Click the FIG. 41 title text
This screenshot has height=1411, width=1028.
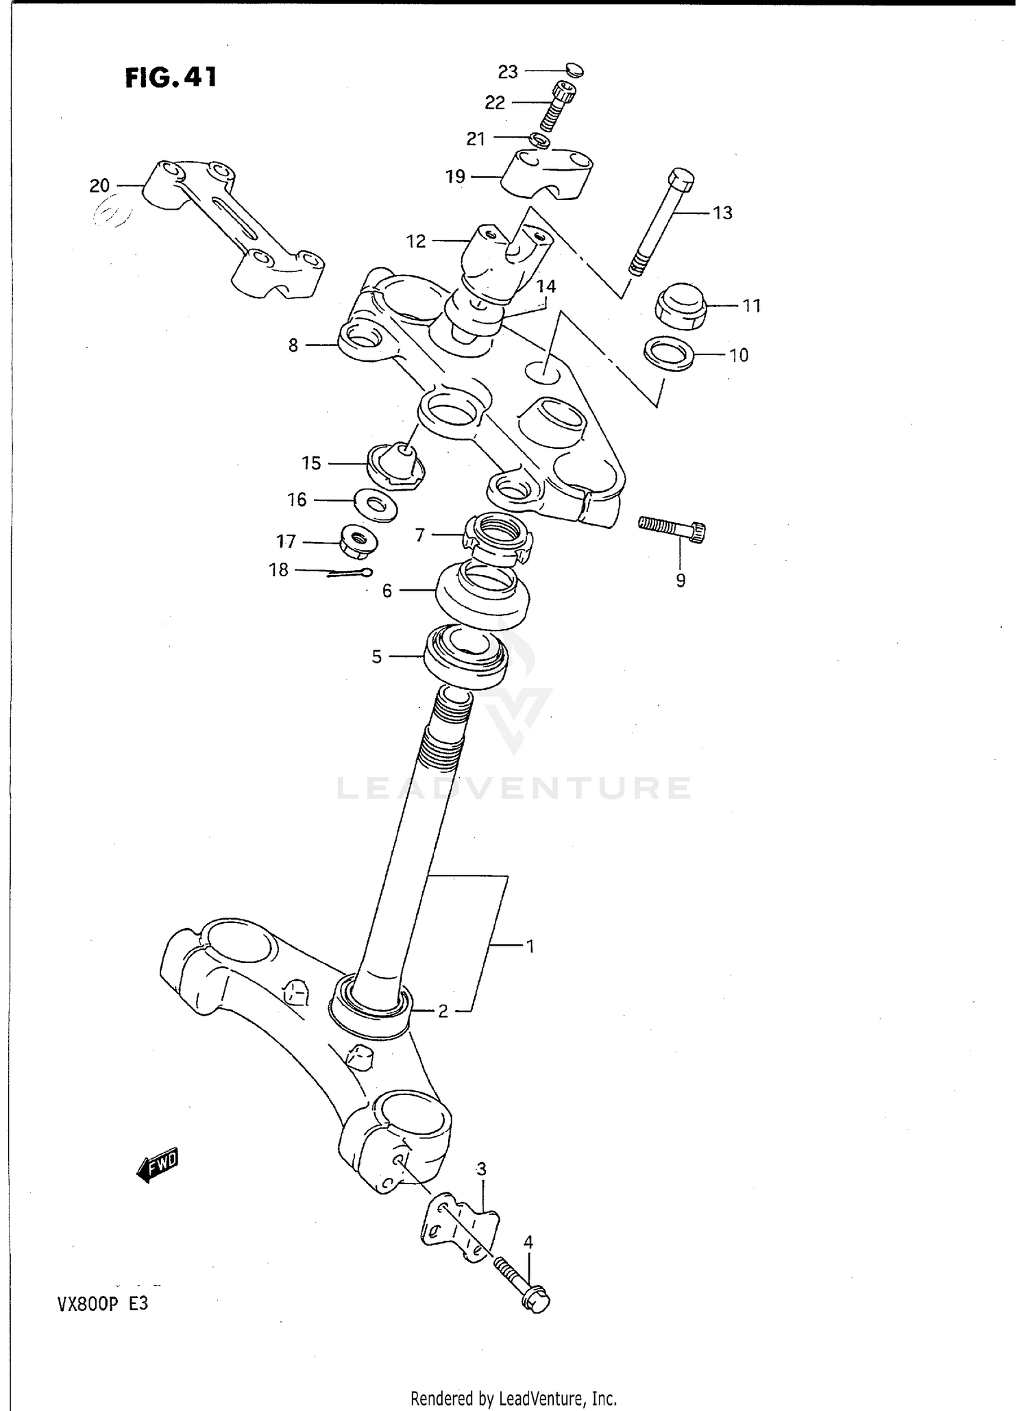point(171,77)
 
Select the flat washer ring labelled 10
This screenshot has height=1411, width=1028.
point(669,354)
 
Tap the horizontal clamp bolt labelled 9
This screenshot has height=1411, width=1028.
point(672,528)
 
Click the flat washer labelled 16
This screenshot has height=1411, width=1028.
point(376,506)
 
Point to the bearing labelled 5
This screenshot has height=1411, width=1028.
point(466,657)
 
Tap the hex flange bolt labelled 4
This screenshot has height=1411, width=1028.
point(522,1287)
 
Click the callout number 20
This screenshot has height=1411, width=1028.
point(99,185)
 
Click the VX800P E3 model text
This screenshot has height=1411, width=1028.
point(94,1304)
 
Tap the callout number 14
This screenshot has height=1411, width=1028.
point(546,286)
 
